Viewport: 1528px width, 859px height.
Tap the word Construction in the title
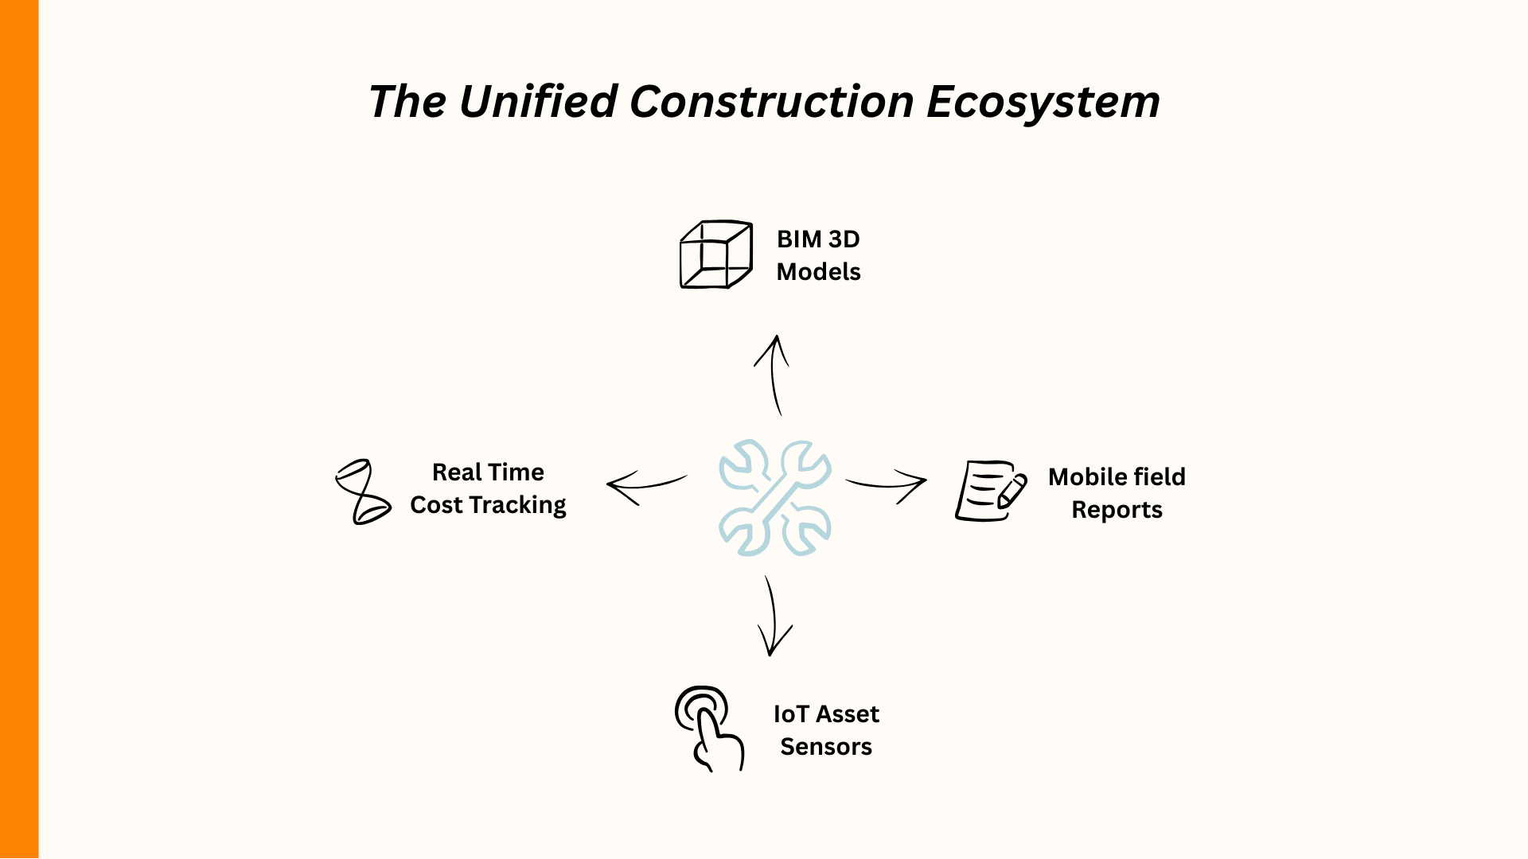(x=771, y=102)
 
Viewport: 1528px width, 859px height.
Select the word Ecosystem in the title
(x=1043, y=103)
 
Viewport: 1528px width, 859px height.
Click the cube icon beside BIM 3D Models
(x=715, y=255)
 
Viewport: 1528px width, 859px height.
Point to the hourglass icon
(x=362, y=492)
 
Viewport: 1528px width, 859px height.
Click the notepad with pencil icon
(x=990, y=491)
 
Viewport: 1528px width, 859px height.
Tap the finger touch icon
(x=707, y=727)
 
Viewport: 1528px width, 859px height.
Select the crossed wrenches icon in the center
(x=774, y=497)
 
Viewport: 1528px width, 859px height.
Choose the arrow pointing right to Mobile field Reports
(x=888, y=484)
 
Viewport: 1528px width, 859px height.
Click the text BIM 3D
(x=818, y=239)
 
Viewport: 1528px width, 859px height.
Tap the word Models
(x=818, y=272)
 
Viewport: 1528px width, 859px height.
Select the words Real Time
(x=488, y=472)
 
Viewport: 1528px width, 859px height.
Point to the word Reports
(x=1117, y=510)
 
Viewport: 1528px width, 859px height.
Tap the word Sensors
(x=826, y=747)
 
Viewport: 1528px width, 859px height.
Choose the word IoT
(x=790, y=714)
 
